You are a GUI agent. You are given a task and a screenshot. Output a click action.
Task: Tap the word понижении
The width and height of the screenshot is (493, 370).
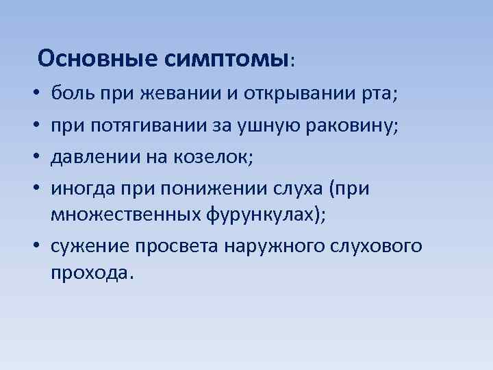tap(220, 188)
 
